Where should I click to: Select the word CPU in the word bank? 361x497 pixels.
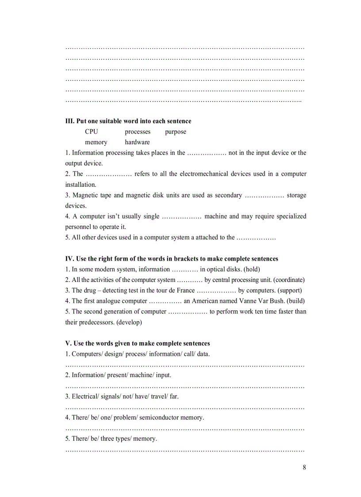coord(92,131)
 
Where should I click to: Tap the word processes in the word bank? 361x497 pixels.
coord(138,131)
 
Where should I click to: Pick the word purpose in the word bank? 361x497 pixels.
coord(176,131)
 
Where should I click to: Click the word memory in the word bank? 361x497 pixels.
coord(96,142)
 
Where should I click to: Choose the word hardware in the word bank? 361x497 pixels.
coord(137,142)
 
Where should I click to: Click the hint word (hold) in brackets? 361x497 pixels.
coord(252,269)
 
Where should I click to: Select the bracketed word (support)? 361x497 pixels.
coord(290,290)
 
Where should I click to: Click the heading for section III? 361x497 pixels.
coord(128,121)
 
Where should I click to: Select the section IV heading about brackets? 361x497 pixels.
coord(172,258)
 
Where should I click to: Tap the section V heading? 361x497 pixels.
coord(138,343)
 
